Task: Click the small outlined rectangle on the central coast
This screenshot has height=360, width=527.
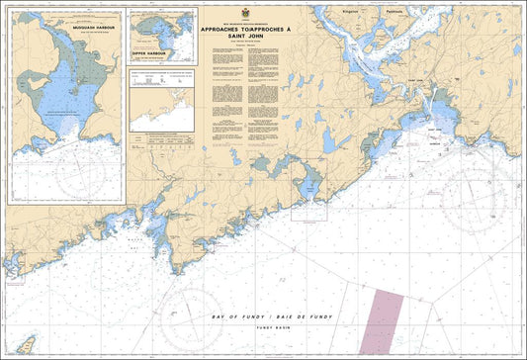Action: point(307,209)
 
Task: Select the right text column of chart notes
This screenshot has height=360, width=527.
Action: point(265,99)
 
